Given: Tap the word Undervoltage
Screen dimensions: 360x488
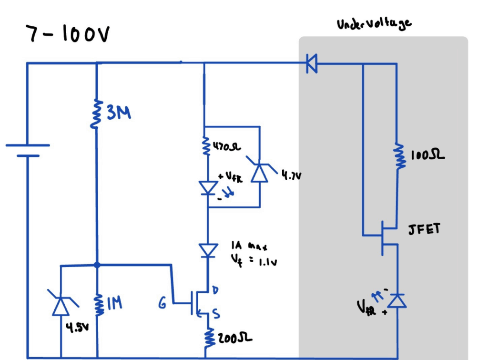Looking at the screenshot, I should pos(374,24).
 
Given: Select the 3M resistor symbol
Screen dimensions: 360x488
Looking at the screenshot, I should pos(97,113).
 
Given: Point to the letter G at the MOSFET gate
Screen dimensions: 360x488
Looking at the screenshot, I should pos(163,303).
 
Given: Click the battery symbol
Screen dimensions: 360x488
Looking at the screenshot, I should pos(27,150).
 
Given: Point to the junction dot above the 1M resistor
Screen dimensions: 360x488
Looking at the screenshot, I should pos(97,264).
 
